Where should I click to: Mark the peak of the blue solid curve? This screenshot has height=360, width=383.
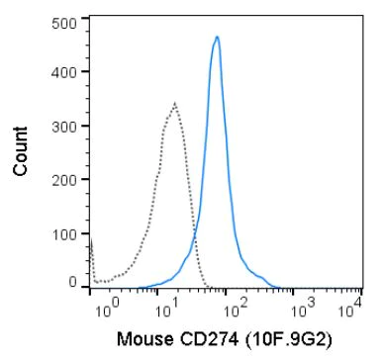[217, 38]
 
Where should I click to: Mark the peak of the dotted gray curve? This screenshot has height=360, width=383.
[174, 103]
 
